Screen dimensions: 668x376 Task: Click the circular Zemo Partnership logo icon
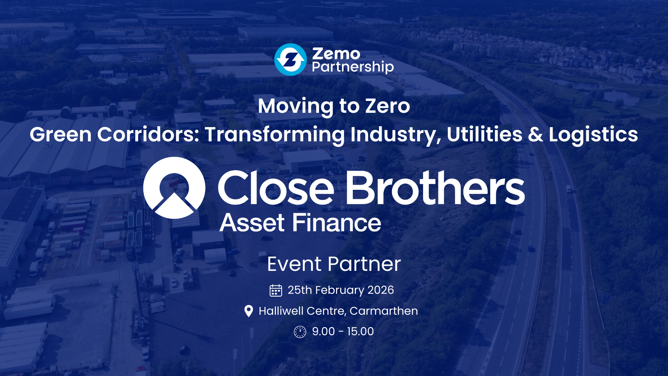click(x=291, y=60)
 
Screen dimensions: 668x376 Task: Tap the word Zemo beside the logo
click(x=336, y=54)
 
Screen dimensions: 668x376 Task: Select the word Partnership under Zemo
click(x=353, y=67)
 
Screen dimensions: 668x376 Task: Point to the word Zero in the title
click(x=388, y=106)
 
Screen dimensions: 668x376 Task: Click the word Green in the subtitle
click(x=61, y=134)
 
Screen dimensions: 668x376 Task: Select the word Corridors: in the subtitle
click(x=148, y=134)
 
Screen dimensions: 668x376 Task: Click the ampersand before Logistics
click(x=535, y=134)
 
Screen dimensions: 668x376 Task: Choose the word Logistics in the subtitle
click(x=593, y=135)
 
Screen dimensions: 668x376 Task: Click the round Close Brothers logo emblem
click(x=174, y=188)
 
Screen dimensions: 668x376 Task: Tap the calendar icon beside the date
click(x=276, y=290)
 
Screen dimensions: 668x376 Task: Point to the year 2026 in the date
click(x=381, y=290)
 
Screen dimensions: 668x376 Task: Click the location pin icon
click(x=249, y=311)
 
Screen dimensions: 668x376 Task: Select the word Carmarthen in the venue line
click(x=384, y=311)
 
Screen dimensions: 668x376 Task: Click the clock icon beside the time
click(x=300, y=332)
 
